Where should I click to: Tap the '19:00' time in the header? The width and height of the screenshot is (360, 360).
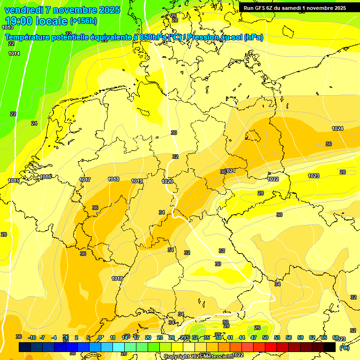click(x=19, y=21)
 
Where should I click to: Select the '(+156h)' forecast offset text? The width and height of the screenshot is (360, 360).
click(x=83, y=21)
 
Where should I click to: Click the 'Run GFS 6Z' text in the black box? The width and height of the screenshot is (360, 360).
click(x=260, y=8)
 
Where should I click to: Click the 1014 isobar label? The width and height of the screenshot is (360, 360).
click(x=14, y=54)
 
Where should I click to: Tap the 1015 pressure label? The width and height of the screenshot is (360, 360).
click(x=14, y=180)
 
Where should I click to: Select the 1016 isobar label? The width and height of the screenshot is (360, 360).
click(x=45, y=177)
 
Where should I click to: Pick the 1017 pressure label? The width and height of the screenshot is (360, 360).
click(x=85, y=180)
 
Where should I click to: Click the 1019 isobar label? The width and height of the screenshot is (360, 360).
click(x=137, y=181)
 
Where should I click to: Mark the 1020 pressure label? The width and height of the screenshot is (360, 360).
click(x=167, y=181)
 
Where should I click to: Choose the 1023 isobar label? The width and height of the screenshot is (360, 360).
click(x=314, y=176)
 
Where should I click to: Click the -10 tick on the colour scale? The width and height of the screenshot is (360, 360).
click(x=32, y=337)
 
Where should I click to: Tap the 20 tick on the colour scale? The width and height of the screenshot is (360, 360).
click(x=148, y=337)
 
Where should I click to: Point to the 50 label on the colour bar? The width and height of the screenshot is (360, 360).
click(x=265, y=337)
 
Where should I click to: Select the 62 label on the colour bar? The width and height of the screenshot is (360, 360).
click(x=312, y=337)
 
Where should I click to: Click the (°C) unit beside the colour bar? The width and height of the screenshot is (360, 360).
click(x=344, y=348)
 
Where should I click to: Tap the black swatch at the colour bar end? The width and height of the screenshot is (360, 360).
click(x=330, y=347)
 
